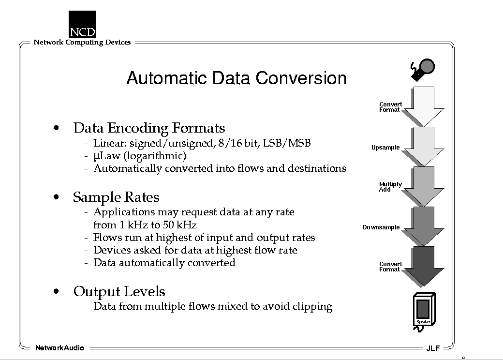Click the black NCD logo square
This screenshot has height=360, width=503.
(82, 24)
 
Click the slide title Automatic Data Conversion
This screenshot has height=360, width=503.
(237, 78)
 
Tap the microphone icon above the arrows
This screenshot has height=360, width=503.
(423, 70)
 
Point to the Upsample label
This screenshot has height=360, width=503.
(385, 148)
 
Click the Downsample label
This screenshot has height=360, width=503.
(381, 227)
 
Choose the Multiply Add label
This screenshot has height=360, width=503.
(390, 187)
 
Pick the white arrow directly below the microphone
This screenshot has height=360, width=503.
(424, 106)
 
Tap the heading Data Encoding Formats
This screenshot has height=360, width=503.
(149, 128)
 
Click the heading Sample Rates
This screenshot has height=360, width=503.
(116, 197)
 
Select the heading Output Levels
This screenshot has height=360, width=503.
(119, 291)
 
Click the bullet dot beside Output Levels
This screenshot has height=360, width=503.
(57, 291)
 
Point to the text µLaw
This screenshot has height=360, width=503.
(107, 156)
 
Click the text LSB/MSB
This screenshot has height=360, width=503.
(287, 143)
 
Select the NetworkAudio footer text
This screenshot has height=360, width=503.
(59, 348)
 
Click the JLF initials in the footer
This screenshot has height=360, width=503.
(433, 348)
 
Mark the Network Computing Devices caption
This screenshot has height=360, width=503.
(82, 43)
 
